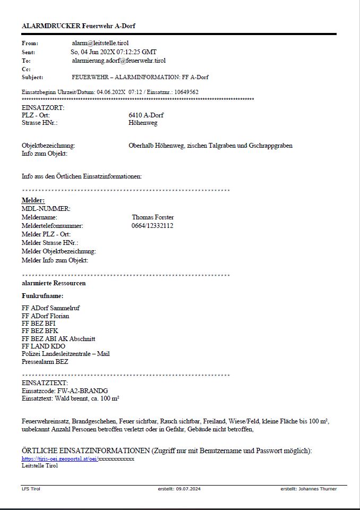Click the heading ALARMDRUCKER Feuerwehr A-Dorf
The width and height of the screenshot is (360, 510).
click(75, 25)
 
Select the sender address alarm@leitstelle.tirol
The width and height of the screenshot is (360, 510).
click(100, 42)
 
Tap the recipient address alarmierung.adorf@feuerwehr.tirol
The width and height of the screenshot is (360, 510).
click(118, 61)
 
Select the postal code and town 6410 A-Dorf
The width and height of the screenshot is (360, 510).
click(146, 115)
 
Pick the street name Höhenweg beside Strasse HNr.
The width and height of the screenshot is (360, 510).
click(143, 123)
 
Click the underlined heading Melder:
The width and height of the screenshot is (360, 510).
click(33, 200)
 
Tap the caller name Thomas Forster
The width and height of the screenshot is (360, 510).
click(153, 217)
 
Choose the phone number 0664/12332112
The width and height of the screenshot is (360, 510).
click(152, 226)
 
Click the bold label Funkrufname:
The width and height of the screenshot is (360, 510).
click(42, 296)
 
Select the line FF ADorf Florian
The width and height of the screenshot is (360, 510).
click(45, 316)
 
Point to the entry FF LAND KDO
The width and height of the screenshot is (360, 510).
click(44, 346)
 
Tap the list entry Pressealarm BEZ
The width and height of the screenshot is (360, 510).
click(45, 362)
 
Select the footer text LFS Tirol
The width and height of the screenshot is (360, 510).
click(31, 489)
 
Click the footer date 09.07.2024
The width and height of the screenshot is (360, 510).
click(190, 489)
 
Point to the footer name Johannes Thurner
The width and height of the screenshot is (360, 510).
click(318, 489)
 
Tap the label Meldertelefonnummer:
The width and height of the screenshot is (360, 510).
click(53, 226)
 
